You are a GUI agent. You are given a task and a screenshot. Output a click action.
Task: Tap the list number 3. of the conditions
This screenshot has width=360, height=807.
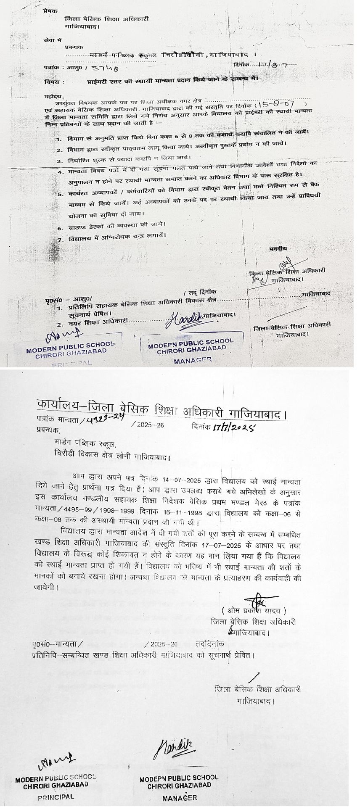click(60, 161)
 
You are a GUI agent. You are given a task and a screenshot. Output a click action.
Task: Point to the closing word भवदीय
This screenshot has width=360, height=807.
click(278, 249)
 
